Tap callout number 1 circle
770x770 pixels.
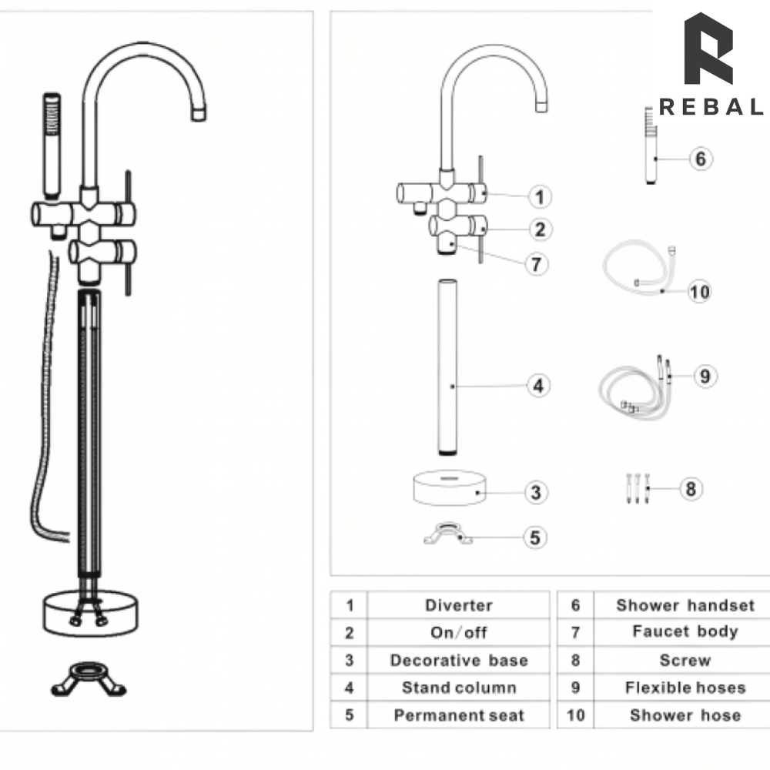pos(540,197)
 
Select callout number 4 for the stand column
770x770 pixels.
pos(539,386)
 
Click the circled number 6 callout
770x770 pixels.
pos(700,159)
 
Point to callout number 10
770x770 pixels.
pos(700,292)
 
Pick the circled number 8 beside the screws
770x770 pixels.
pos(691,489)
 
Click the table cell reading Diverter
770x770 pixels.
pos(458,605)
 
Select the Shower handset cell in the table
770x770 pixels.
pos(685,605)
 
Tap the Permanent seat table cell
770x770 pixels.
pos(458,715)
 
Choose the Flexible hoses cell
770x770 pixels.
pos(685,688)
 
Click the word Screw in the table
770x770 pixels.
pos(685,660)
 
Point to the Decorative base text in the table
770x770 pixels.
pos(458,660)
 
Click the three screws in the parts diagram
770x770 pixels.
pos(635,487)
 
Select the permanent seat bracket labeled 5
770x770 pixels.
pos(447,534)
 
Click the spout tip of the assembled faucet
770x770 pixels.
pos(199,112)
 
